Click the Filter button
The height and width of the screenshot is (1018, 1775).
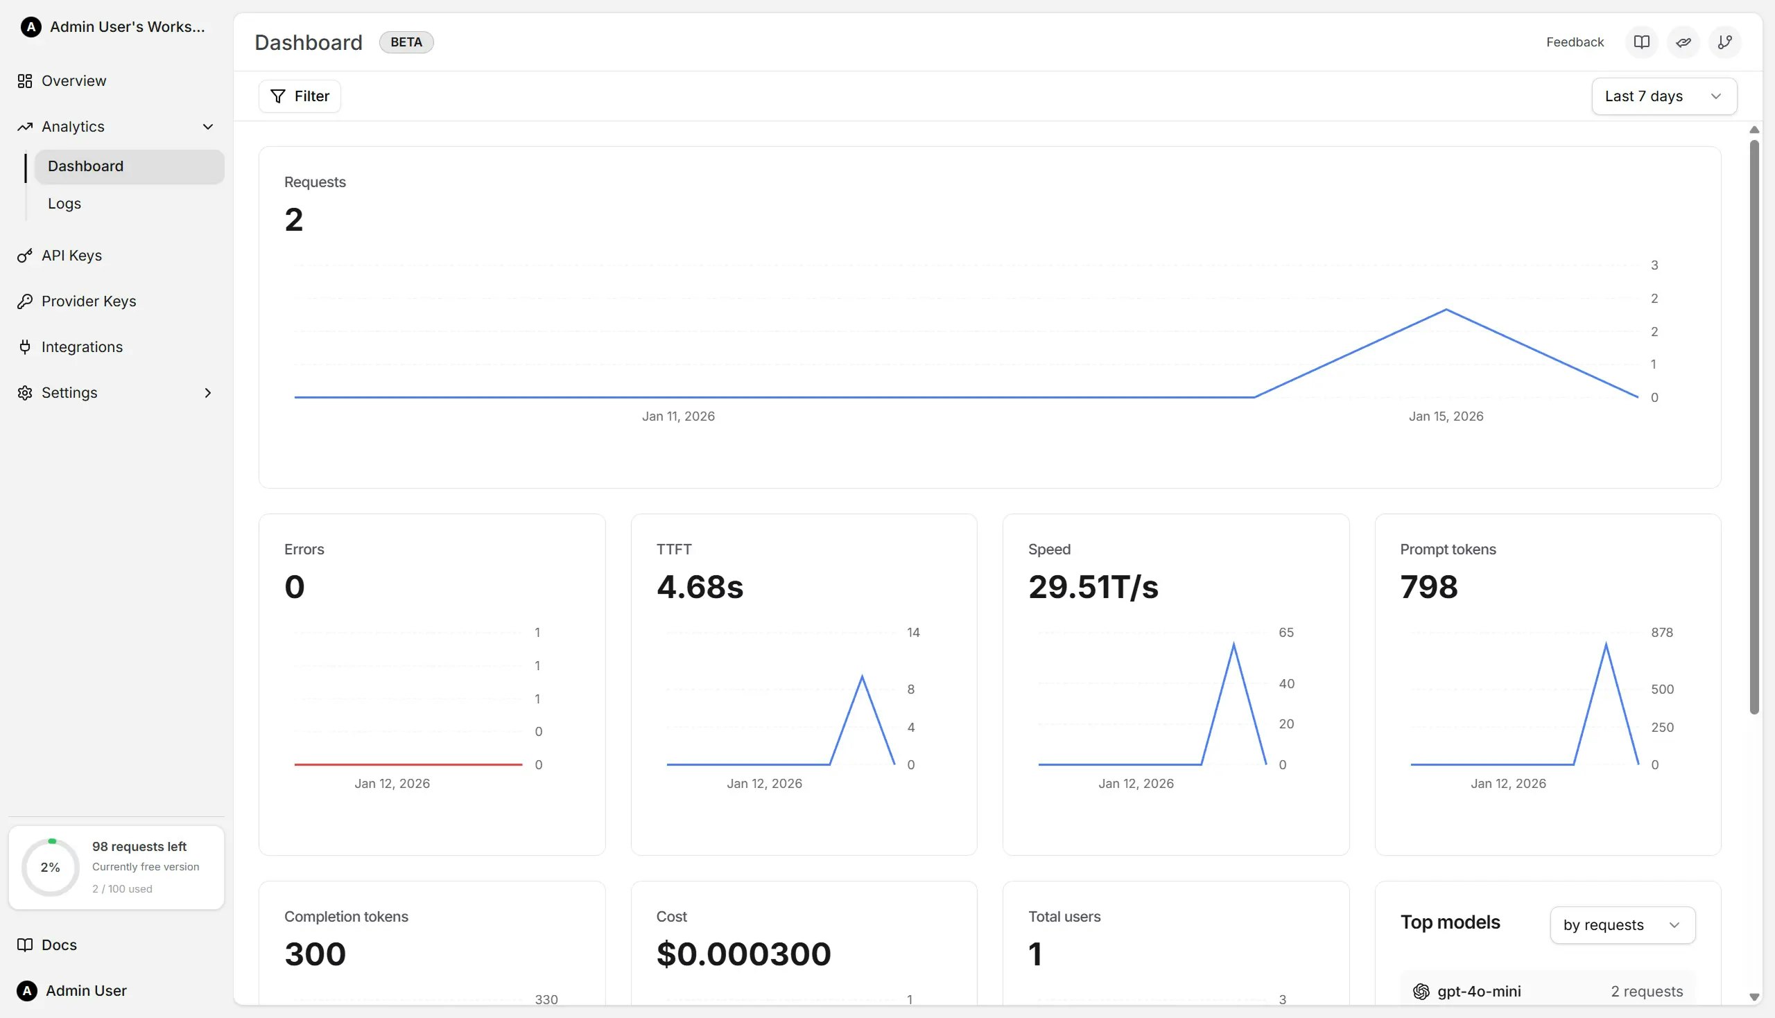(300, 96)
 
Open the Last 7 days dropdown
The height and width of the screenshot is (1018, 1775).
(1663, 96)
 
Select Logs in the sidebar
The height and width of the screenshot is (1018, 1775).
(64, 204)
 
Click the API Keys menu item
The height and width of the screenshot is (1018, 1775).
(71, 256)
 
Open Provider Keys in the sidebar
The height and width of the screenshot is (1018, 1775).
(88, 301)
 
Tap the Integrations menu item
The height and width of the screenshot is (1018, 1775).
(82, 347)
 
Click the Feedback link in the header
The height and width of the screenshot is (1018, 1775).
(1575, 42)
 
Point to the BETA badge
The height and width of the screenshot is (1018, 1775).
(406, 42)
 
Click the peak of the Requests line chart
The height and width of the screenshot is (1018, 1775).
(1446, 310)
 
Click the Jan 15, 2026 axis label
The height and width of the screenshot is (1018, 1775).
(1445, 416)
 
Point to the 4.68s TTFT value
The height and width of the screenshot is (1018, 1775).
(700, 586)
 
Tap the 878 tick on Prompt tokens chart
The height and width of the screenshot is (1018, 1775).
(1661, 633)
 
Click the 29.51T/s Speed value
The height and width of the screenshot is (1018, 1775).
(1093, 586)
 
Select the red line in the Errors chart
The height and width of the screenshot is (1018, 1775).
(408, 764)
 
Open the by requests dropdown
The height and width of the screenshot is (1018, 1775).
(1622, 925)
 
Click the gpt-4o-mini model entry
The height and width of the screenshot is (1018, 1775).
(1478, 992)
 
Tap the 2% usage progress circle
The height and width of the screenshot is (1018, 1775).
(51, 867)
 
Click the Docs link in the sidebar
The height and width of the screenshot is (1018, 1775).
(59, 945)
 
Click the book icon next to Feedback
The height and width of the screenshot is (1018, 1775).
(1640, 42)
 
